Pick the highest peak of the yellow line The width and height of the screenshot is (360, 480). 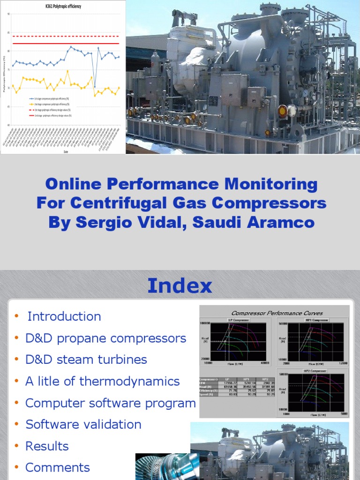pos(67,71)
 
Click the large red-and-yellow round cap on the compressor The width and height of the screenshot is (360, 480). pos(282,112)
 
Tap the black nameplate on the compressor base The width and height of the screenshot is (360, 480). pos(213,101)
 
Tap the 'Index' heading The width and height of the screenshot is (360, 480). pos(180,285)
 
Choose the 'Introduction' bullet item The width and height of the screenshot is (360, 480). pos(64,316)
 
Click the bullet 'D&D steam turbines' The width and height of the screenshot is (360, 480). pos(86,360)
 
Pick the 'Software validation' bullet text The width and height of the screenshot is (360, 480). pos(83,424)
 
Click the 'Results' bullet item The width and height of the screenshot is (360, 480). pos(47,446)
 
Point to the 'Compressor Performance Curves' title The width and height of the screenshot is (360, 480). pos(277,313)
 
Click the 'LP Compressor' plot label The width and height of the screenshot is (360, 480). pos(236,320)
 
